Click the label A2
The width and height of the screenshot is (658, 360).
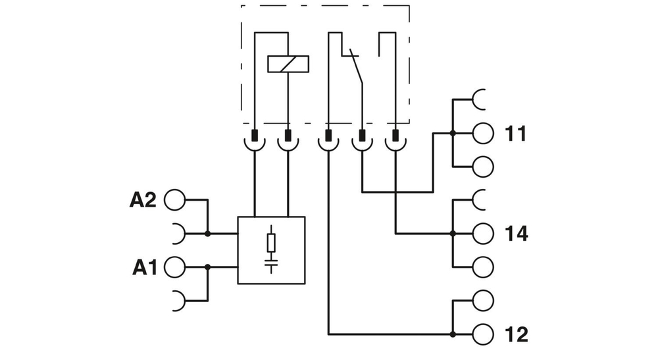click(x=142, y=200)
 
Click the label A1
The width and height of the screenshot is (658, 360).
click(x=144, y=267)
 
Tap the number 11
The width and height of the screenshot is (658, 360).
click(x=516, y=134)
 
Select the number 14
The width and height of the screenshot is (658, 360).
click(x=517, y=233)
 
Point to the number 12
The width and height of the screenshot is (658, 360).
click(x=517, y=334)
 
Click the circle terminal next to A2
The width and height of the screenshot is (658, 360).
click(x=174, y=200)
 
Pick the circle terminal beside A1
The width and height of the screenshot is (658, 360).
click(x=174, y=267)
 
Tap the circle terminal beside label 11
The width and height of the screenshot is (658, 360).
click(x=482, y=134)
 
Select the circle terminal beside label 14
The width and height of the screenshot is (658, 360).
click(x=482, y=233)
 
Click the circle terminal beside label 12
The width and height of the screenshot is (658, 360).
click(x=482, y=334)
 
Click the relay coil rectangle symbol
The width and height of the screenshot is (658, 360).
click(x=288, y=64)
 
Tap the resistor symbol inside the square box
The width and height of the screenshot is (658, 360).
click(x=271, y=243)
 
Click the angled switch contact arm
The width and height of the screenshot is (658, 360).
click(x=356, y=66)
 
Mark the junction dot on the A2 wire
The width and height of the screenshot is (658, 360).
click(x=208, y=233)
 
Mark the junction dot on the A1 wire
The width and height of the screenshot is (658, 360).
click(x=208, y=267)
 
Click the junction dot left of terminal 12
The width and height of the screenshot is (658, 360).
click(x=453, y=334)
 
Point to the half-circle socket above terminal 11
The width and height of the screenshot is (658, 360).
click(x=479, y=98)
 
